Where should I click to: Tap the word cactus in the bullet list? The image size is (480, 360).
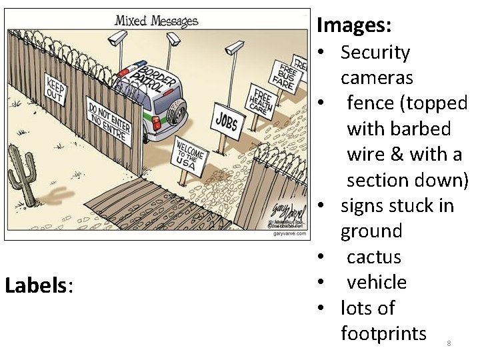click(373, 257)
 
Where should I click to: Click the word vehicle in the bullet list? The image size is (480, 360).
click(376, 282)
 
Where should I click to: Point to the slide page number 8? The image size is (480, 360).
click(449, 343)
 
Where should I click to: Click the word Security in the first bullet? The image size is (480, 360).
click(375, 53)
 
